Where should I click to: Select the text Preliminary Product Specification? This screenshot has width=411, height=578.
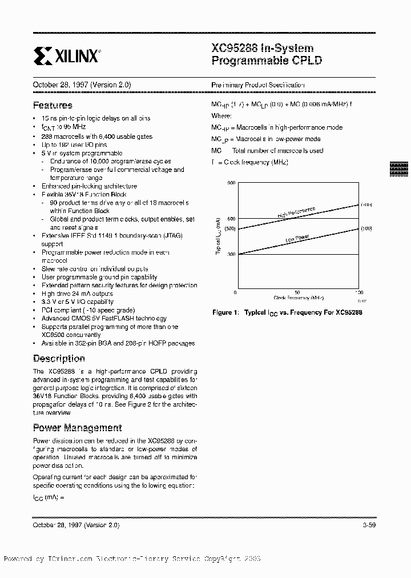coord(258,85)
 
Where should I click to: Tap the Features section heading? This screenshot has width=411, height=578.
coord(53,105)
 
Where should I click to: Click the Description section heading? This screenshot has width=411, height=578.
coord(59,359)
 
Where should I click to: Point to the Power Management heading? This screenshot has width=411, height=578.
coord(77,428)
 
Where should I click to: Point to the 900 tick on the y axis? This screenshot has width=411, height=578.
coord(231,182)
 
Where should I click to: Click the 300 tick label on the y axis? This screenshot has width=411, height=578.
coord(231,254)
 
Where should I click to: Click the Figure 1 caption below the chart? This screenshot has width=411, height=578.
coord(287,313)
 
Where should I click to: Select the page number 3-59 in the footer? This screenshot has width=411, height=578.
coord(370,524)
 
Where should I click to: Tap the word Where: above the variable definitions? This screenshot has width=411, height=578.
coord(221,116)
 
